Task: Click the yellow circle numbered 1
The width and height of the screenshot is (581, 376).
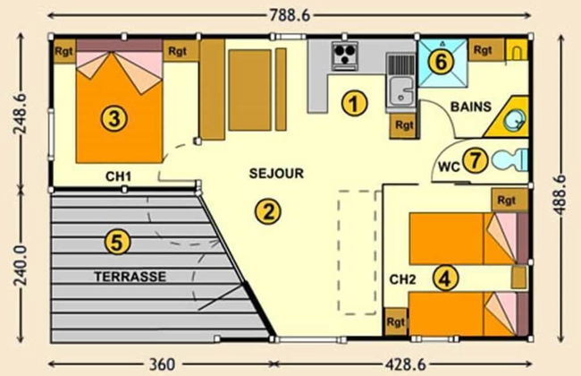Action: pyautogui.click(x=356, y=104)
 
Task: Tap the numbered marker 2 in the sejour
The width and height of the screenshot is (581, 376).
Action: pyautogui.click(x=265, y=211)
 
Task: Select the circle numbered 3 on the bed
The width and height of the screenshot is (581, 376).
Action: pyautogui.click(x=111, y=117)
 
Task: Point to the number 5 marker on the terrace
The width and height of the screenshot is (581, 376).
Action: pyautogui.click(x=116, y=241)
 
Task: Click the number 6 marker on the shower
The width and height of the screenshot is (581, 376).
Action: pyautogui.click(x=438, y=61)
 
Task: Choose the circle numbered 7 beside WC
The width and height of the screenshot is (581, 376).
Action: pyautogui.click(x=476, y=161)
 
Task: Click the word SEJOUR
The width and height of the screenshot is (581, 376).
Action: pyautogui.click(x=276, y=175)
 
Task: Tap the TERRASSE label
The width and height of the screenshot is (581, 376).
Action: pyautogui.click(x=130, y=277)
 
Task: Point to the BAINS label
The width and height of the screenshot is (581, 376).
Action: pyautogui.click(x=471, y=107)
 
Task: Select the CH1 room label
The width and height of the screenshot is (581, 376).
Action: pyautogui.click(x=117, y=176)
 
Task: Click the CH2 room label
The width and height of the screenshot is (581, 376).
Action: pyautogui.click(x=403, y=278)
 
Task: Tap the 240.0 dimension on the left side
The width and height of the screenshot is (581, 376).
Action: pyautogui.click(x=18, y=267)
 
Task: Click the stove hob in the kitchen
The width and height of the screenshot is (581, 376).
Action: pyautogui.click(x=344, y=56)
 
